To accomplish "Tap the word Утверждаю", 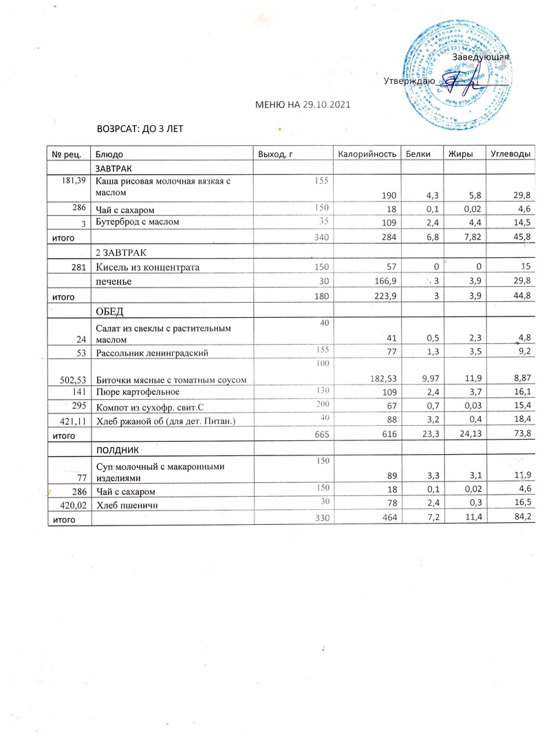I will tap(409, 80).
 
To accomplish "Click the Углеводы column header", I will tap(510, 153).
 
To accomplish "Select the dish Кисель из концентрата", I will tap(147, 267).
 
